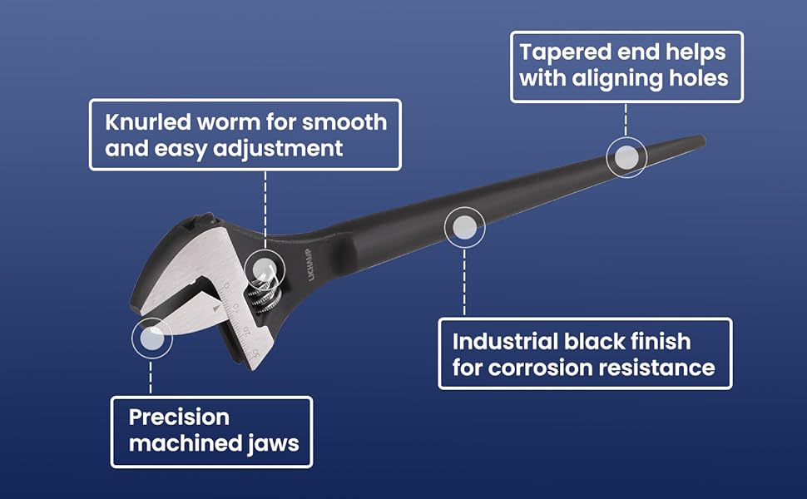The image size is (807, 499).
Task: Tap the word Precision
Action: (x=179, y=417)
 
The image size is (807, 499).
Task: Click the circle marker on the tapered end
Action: (x=626, y=156)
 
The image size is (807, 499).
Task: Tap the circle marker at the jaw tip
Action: (x=151, y=338)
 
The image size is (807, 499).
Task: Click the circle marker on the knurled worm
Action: (x=265, y=269)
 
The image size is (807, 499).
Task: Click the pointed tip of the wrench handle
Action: (x=701, y=141)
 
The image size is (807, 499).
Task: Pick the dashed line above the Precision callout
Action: (x=151, y=377)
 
